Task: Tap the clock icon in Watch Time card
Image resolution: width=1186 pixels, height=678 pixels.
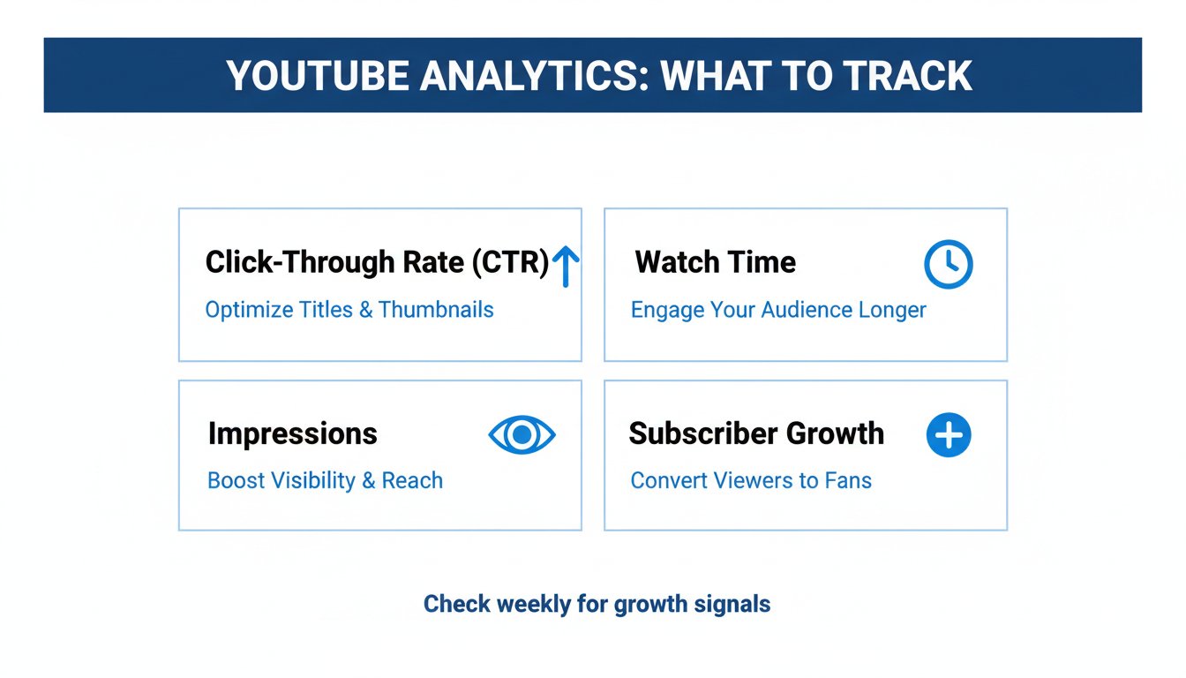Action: point(948,265)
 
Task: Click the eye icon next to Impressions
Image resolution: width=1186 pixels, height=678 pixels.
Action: point(522,434)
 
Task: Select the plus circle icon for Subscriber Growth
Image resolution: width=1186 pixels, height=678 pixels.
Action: point(949,435)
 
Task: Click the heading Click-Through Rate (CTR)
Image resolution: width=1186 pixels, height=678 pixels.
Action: point(377,262)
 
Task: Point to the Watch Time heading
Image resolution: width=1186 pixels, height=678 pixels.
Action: point(715,262)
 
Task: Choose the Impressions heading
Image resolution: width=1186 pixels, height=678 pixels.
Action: point(292,433)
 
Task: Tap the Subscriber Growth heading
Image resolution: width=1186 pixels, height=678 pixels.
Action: point(756,433)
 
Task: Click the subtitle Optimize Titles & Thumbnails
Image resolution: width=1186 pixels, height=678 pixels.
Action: point(349,310)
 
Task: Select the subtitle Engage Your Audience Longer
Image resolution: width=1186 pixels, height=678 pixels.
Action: point(778,310)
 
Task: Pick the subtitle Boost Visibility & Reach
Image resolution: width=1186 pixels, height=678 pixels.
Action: point(325,480)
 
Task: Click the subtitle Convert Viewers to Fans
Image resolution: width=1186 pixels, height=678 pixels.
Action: point(751,480)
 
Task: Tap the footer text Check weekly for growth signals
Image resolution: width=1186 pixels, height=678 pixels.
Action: point(597,604)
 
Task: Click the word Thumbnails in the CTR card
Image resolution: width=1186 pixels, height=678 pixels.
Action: point(436,310)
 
